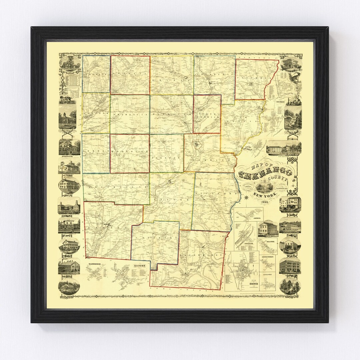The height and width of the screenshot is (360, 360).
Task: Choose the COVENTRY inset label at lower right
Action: point(268,274)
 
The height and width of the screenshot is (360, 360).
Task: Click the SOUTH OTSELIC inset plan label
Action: point(268,257)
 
